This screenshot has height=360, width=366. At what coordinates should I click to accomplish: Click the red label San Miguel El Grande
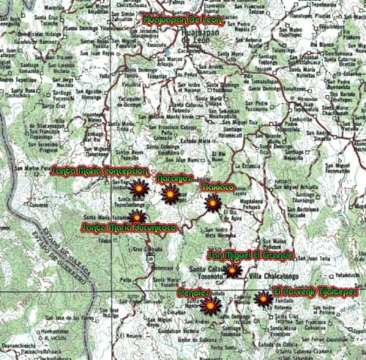[251, 255]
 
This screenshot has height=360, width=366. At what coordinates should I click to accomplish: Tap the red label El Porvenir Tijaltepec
[315, 292]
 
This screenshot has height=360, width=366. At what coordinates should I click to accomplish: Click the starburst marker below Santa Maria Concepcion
[138, 188]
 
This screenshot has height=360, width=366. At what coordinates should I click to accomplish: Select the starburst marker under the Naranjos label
[170, 194]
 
